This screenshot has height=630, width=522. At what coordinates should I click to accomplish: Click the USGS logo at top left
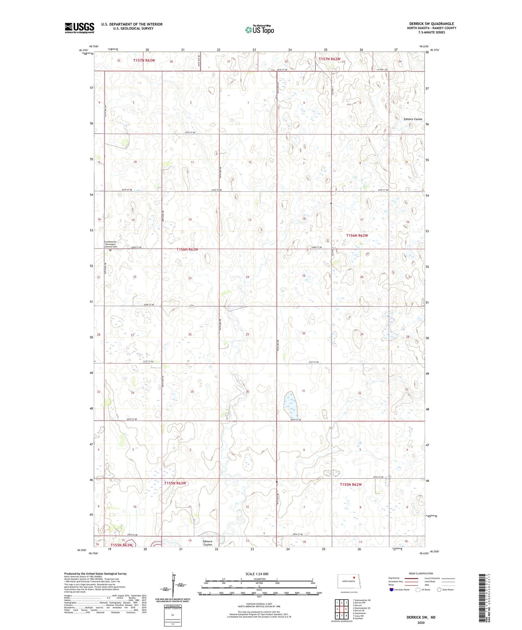(79, 28)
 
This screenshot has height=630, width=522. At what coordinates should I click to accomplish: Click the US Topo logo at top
(259, 30)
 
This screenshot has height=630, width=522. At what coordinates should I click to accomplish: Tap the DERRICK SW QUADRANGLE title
(431, 24)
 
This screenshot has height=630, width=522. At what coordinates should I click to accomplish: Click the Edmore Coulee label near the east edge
(413, 119)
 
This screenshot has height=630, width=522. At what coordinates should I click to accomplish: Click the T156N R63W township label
(192, 249)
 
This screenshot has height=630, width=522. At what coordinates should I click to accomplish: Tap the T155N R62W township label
(350, 484)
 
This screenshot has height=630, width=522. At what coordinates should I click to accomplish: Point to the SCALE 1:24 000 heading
(257, 574)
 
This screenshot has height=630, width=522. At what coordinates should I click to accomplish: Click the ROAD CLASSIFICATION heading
(421, 573)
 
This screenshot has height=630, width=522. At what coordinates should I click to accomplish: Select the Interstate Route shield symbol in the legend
(392, 590)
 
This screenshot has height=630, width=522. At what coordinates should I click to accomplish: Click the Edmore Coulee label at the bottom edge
(207, 543)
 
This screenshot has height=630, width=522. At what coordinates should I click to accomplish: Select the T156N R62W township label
(357, 235)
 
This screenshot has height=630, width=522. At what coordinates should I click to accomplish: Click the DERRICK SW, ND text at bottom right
(421, 617)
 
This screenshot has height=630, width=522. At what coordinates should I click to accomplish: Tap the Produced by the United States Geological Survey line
(95, 573)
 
